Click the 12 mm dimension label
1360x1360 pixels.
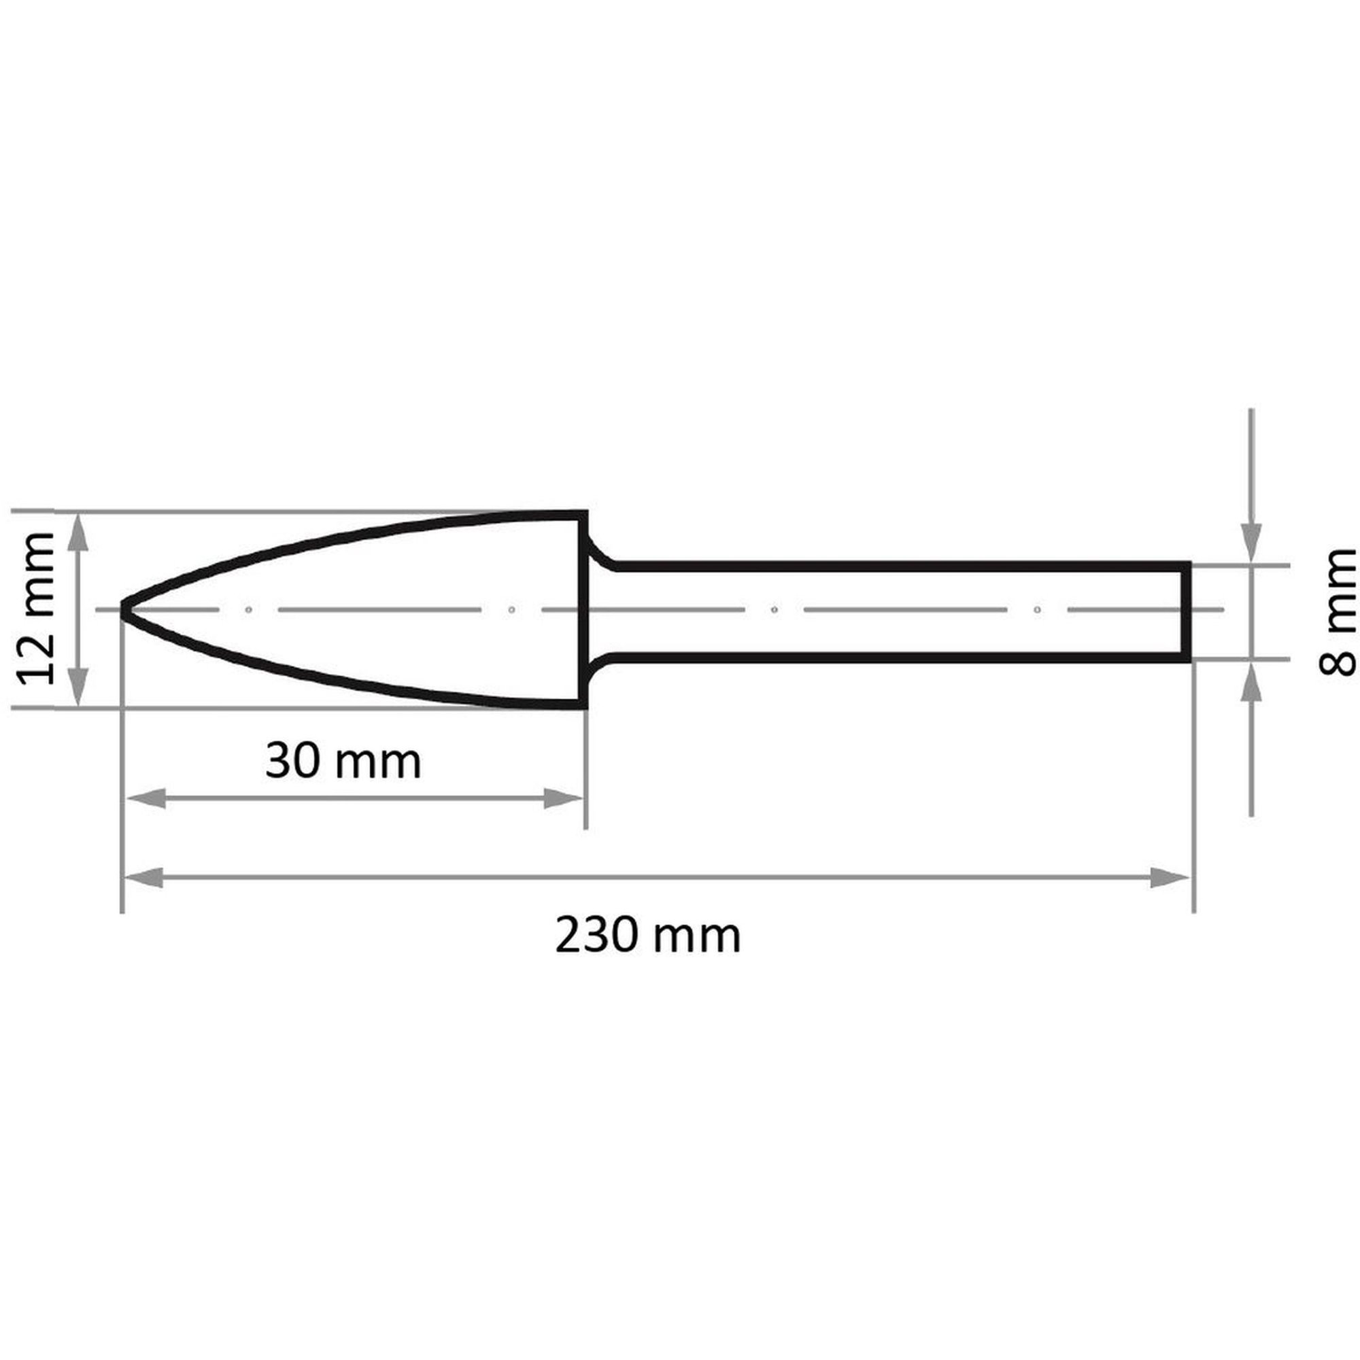(35, 609)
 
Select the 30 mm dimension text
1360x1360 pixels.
(343, 761)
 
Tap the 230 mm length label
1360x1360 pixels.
(647, 936)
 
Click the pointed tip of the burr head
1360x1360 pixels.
(122, 609)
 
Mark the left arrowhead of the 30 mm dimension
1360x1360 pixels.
(145, 798)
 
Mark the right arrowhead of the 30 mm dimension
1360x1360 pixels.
(563, 798)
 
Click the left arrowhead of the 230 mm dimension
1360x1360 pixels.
(143, 878)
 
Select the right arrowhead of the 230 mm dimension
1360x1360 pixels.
(1170, 878)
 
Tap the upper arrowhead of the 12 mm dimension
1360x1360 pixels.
(79, 533)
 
